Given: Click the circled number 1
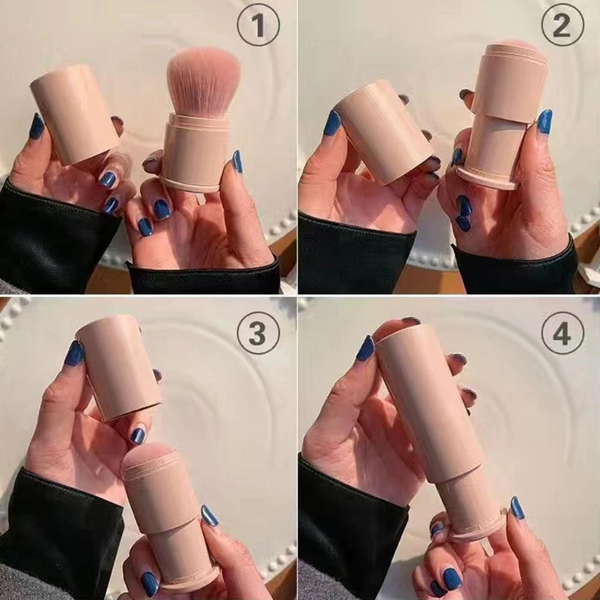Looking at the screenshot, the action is click(x=258, y=25).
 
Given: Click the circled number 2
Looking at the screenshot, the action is click(x=563, y=25).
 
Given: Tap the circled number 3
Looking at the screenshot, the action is click(x=258, y=333).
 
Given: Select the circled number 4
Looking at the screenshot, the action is click(x=563, y=333).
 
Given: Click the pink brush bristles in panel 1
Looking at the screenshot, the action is click(x=203, y=81).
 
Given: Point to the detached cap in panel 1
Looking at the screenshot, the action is click(x=74, y=113).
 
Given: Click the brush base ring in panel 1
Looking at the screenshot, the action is click(x=190, y=183).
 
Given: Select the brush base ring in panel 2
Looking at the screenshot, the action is click(x=487, y=178).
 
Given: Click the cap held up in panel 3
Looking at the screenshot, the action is click(x=119, y=367).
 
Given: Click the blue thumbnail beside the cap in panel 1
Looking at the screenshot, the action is click(x=37, y=126).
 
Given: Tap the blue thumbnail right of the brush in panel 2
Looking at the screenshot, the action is click(x=545, y=121).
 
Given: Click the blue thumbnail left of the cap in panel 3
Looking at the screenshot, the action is click(x=74, y=353).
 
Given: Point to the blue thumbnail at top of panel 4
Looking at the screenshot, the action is click(x=365, y=348).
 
